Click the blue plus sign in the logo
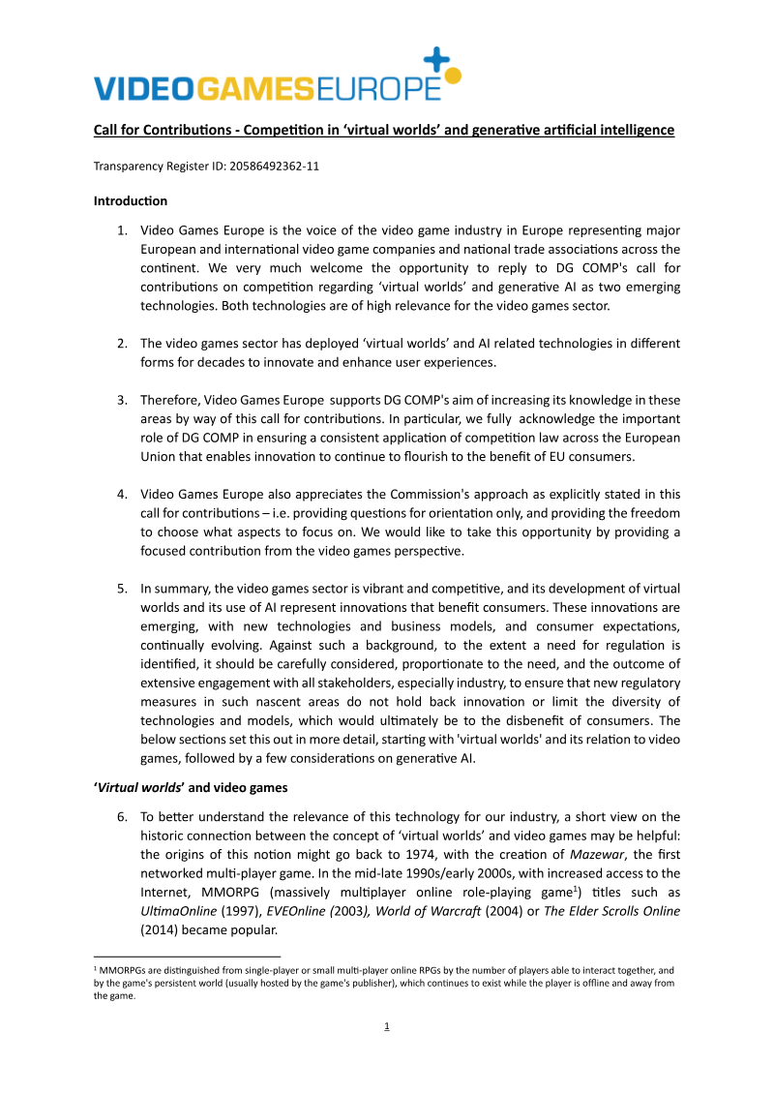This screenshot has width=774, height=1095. [438, 59]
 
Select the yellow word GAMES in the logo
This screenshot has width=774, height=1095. [255, 89]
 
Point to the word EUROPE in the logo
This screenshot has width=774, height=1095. [379, 89]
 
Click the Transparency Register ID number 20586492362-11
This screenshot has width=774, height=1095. [274, 166]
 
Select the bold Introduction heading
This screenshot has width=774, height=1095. [130, 201]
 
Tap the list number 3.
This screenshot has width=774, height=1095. [122, 400]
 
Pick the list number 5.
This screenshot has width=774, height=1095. [122, 588]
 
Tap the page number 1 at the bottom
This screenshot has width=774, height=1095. [387, 1026]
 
